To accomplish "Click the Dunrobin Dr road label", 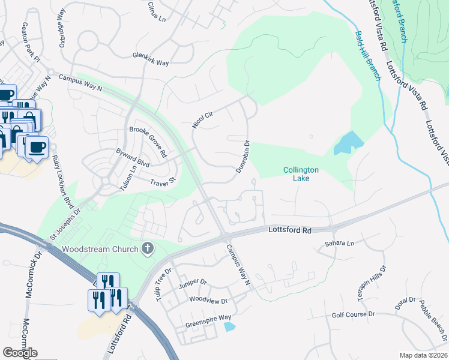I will coord(243,156).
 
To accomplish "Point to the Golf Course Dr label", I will coord(353,314).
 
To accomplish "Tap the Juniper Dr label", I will coord(192,284).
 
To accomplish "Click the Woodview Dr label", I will coord(208,301).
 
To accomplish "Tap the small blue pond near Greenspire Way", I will coord(229,327).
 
